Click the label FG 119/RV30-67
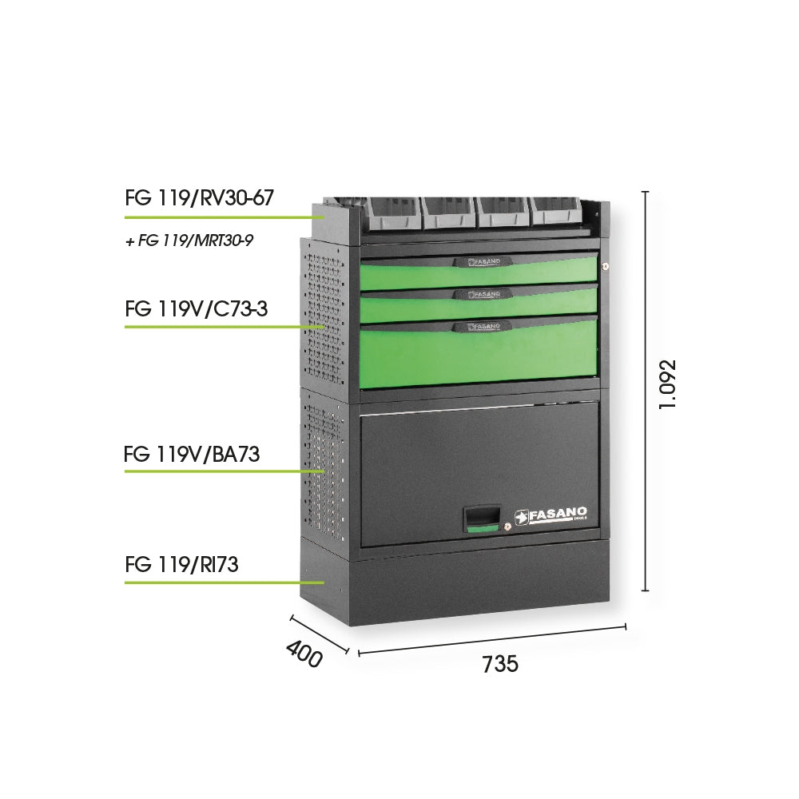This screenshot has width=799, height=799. [x=199, y=197]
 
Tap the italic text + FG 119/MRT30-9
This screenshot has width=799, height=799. [x=189, y=240]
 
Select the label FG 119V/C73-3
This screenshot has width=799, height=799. [x=197, y=308]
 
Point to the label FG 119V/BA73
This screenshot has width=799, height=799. [x=192, y=454]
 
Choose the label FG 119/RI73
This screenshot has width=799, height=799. [x=181, y=565]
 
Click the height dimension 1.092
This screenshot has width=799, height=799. [x=667, y=384]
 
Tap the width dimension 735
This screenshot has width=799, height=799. [x=500, y=664]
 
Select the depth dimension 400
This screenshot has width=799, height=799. [x=304, y=654]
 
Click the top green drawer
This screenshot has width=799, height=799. [x=479, y=272]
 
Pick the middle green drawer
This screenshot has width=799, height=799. [x=479, y=303]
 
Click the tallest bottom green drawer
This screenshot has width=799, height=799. [x=479, y=351]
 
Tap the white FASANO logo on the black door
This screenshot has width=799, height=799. [x=551, y=515]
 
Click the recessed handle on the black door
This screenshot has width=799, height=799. [x=481, y=519]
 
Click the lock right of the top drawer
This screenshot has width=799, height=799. [x=605, y=265]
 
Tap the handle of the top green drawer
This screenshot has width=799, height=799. [x=479, y=261]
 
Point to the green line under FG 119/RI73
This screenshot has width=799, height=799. [x=225, y=582]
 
